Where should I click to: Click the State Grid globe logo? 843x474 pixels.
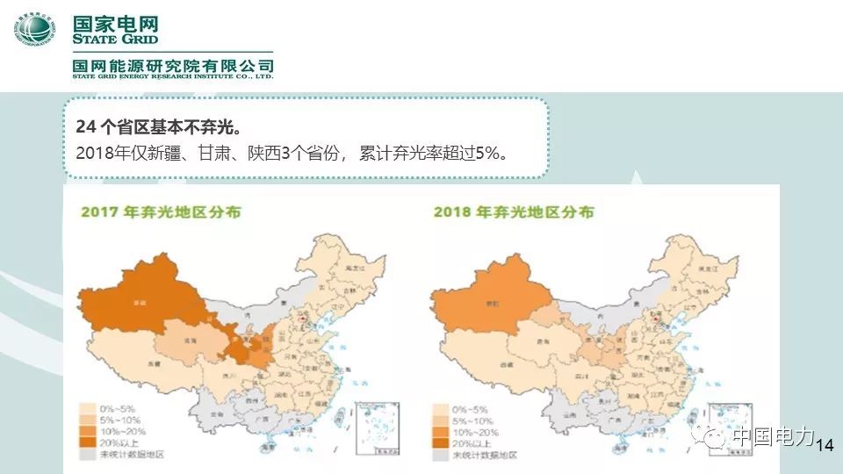33,31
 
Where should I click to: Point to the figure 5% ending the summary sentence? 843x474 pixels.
487,154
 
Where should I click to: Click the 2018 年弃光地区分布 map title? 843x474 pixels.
513,212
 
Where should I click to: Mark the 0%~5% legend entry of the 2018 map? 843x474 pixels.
470,409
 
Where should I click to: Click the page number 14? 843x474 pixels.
824,447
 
